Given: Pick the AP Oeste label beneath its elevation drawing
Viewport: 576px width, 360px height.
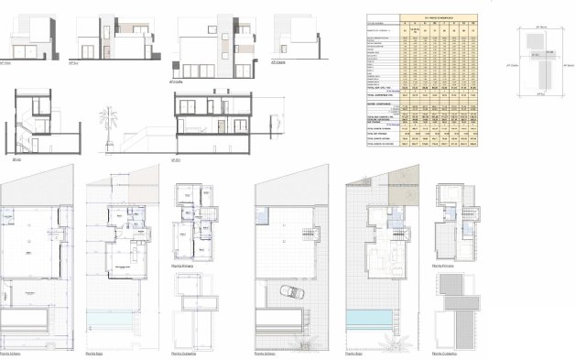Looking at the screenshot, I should pos(278,63).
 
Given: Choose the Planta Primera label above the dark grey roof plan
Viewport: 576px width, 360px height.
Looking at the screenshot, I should pos(443,264).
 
